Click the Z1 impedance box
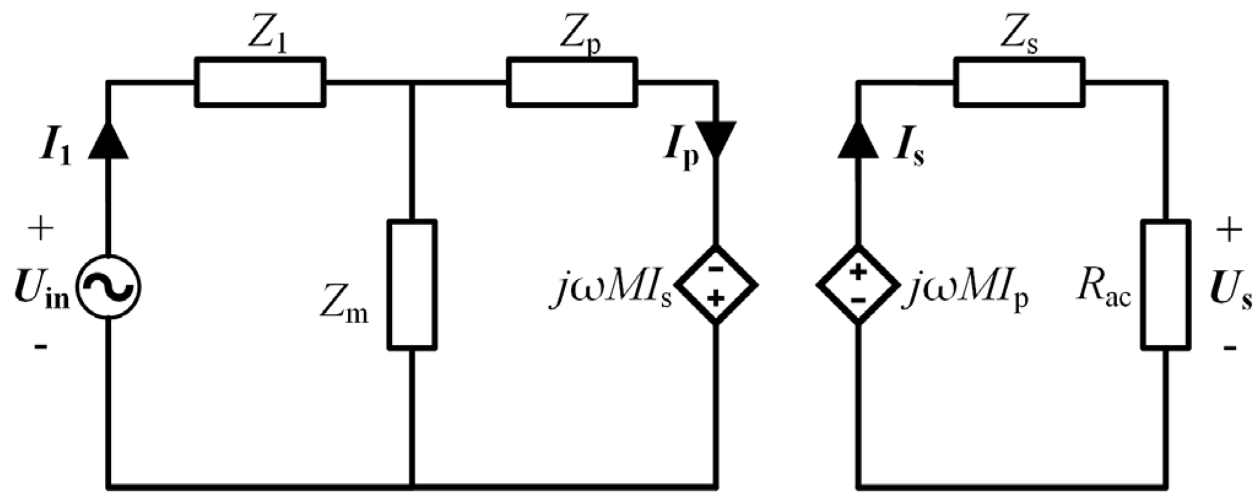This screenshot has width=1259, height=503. tap(260, 82)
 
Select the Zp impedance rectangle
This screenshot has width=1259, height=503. tap(572, 82)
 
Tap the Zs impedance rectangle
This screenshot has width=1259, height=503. tap(1019, 82)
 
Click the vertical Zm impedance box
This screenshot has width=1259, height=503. tap(412, 285)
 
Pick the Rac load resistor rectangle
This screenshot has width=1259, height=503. tap(1165, 285)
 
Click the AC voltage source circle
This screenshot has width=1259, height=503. tap(109, 286)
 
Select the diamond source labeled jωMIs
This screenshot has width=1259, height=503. tap(716, 285)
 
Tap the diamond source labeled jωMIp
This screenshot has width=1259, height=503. tap(858, 285)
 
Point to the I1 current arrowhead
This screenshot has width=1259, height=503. tap(109, 141)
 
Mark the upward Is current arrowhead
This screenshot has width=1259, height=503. tap(858, 141)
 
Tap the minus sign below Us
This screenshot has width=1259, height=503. tap(1229, 348)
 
